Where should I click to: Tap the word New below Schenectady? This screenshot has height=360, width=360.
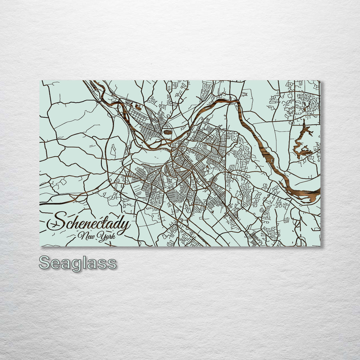85,236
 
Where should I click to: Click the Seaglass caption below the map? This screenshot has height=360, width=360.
78,263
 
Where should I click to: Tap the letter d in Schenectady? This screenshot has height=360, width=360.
116,222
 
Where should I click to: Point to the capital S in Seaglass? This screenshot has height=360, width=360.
45,263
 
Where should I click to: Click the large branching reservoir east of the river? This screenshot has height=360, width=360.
302,142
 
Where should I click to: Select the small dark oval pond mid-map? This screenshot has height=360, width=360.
168,132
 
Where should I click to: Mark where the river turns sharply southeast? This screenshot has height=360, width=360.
237,102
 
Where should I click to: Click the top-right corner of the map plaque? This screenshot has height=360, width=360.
320,81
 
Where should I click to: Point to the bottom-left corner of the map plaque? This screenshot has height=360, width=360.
40,246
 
